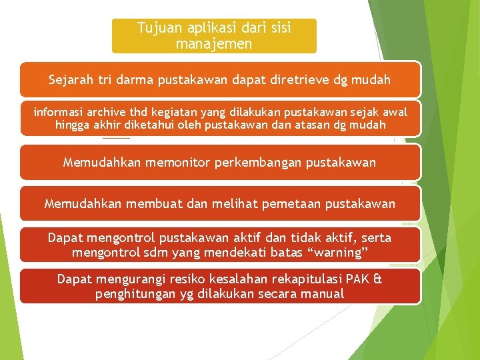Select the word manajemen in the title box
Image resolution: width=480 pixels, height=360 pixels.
coord(213,44)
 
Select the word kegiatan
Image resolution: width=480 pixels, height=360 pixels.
coord(178,111)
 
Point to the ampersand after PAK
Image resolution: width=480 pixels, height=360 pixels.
coord(378,279)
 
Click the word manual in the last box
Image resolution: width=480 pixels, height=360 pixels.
coord(323,293)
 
